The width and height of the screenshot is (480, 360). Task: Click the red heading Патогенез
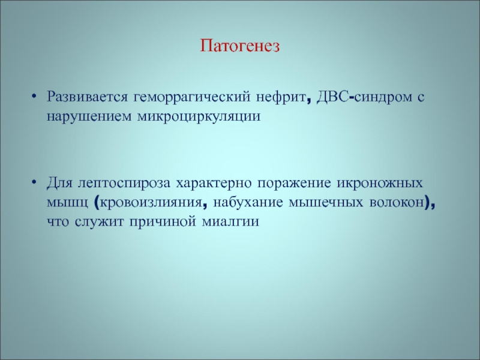240,46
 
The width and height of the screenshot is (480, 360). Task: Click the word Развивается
87,97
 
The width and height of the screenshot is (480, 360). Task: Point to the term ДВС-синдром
364,97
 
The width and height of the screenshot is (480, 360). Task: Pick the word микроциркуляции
199,117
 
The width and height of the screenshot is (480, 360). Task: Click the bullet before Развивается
34,97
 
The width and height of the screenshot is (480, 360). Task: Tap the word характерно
214,184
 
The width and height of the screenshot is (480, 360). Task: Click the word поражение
294,184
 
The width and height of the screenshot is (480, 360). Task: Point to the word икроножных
380,184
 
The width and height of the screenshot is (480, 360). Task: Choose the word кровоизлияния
151,203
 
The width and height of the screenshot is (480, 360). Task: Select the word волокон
397,203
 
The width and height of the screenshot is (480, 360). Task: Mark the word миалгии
230,221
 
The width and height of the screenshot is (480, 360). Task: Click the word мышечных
326,203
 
